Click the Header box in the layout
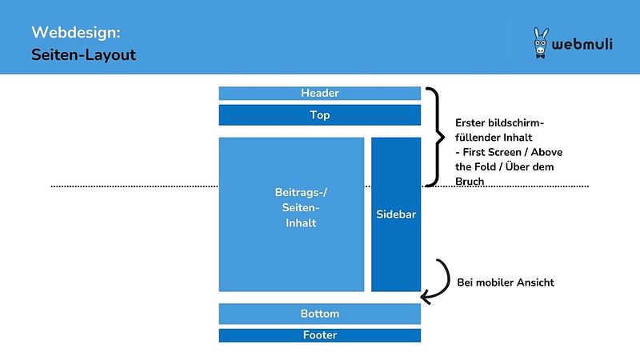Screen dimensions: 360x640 319,93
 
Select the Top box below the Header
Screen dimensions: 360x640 319,115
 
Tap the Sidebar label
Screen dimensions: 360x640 396,215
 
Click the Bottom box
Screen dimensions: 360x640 319,314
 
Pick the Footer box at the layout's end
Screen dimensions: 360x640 319,335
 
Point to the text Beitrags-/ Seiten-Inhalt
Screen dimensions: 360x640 291,208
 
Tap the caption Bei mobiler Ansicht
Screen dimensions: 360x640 505,282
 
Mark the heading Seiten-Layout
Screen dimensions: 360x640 84,56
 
